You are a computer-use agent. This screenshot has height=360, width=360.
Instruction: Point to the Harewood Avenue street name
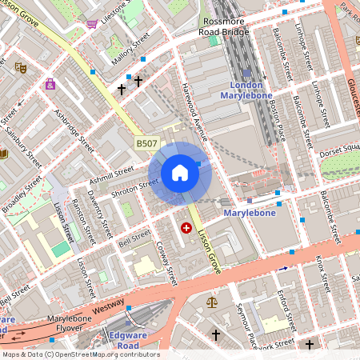click(x=194, y=111)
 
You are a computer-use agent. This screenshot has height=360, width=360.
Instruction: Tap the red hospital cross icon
click(x=187, y=228)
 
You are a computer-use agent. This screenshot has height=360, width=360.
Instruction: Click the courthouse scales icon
click(x=211, y=302)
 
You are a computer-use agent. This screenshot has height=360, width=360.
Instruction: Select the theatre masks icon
click(x=21, y=68)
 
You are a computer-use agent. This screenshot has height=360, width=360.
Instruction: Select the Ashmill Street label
click(x=112, y=171)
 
